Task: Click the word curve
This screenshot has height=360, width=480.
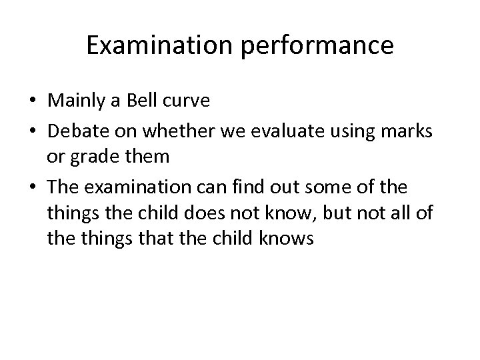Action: [185, 101]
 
